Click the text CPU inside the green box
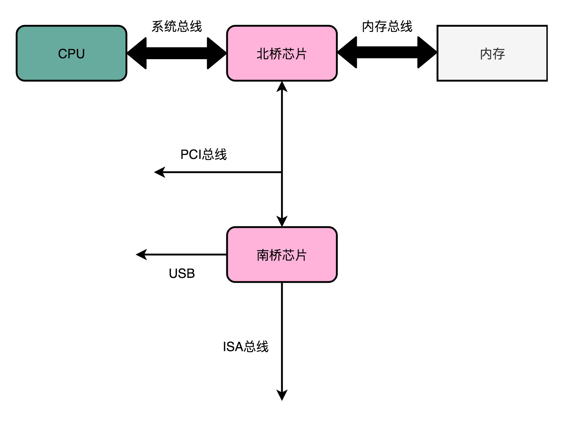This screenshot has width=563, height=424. (71, 54)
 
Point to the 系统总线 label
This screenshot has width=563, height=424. (177, 26)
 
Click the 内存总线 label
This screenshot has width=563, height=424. (387, 26)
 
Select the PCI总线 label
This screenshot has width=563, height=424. (203, 154)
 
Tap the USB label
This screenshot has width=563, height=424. (182, 273)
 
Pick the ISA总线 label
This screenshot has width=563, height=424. (246, 347)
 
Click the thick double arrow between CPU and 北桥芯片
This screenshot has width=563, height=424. (177, 53)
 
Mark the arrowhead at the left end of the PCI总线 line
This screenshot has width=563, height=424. (159, 172)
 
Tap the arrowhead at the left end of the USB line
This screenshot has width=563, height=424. (141, 254)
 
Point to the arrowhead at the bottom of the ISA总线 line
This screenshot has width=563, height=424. (282, 395)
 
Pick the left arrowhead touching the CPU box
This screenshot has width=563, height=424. (137, 53)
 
